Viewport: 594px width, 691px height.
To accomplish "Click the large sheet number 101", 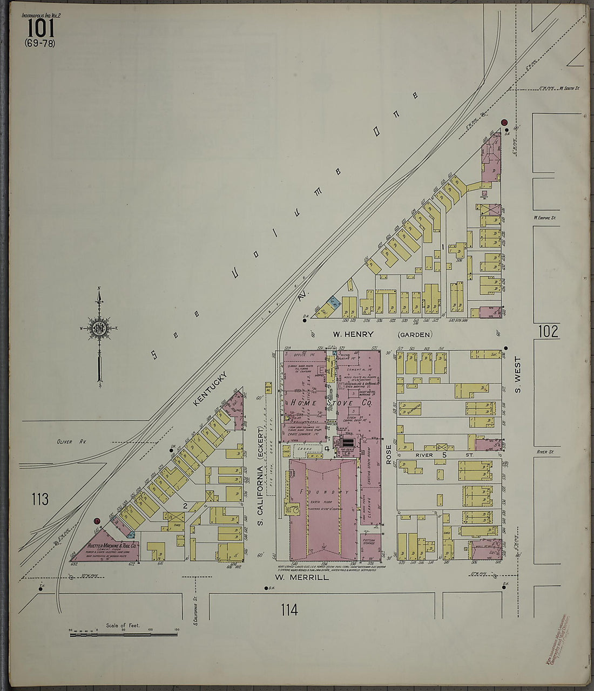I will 39,29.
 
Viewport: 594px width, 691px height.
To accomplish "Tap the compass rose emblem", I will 99,328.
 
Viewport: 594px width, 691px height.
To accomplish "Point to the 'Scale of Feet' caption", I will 123,625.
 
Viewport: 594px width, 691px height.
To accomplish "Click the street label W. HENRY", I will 353,335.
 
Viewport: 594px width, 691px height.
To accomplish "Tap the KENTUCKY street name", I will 211,388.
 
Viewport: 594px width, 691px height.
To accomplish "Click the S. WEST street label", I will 517,374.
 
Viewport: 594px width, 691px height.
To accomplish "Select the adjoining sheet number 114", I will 289,611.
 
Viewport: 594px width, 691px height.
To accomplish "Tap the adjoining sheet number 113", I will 40,499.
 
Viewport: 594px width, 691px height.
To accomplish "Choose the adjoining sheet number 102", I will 548,331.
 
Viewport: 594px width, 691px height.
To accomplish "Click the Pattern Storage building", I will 370,541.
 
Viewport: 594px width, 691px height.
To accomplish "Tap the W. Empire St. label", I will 545,218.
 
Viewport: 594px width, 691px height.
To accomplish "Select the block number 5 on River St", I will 444,456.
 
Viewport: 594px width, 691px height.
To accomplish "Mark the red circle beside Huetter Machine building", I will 97,521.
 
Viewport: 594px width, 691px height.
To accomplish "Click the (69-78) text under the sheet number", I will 39,43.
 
